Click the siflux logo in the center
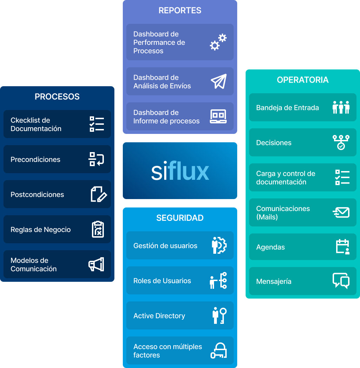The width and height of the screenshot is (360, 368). (x=180, y=171)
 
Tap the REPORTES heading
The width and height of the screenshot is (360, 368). (x=180, y=11)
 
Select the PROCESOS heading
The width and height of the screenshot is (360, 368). (x=57, y=97)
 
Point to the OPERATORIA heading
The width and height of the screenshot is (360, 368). (x=302, y=80)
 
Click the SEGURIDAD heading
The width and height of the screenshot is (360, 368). (x=180, y=218)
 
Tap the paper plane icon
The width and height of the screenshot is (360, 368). (x=219, y=81)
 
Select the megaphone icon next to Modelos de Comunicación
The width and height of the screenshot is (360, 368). (x=96, y=265)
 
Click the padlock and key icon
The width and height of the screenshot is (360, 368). (x=219, y=350)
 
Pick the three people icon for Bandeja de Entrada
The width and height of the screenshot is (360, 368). (x=341, y=107)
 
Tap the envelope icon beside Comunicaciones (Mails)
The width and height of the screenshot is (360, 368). (x=341, y=212)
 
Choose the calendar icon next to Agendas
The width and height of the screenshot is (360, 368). (x=342, y=246)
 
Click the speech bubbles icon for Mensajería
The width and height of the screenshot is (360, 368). (x=341, y=281)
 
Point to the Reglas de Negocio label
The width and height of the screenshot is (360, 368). (x=41, y=230)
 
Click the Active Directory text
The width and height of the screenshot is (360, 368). (x=159, y=316)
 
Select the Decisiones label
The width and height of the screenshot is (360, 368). (x=274, y=143)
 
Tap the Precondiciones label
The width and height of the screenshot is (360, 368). (x=35, y=159)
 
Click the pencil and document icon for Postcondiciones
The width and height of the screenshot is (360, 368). (x=99, y=194)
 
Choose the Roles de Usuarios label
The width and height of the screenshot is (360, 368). (x=162, y=281)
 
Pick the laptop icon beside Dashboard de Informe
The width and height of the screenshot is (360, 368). (x=218, y=116)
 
